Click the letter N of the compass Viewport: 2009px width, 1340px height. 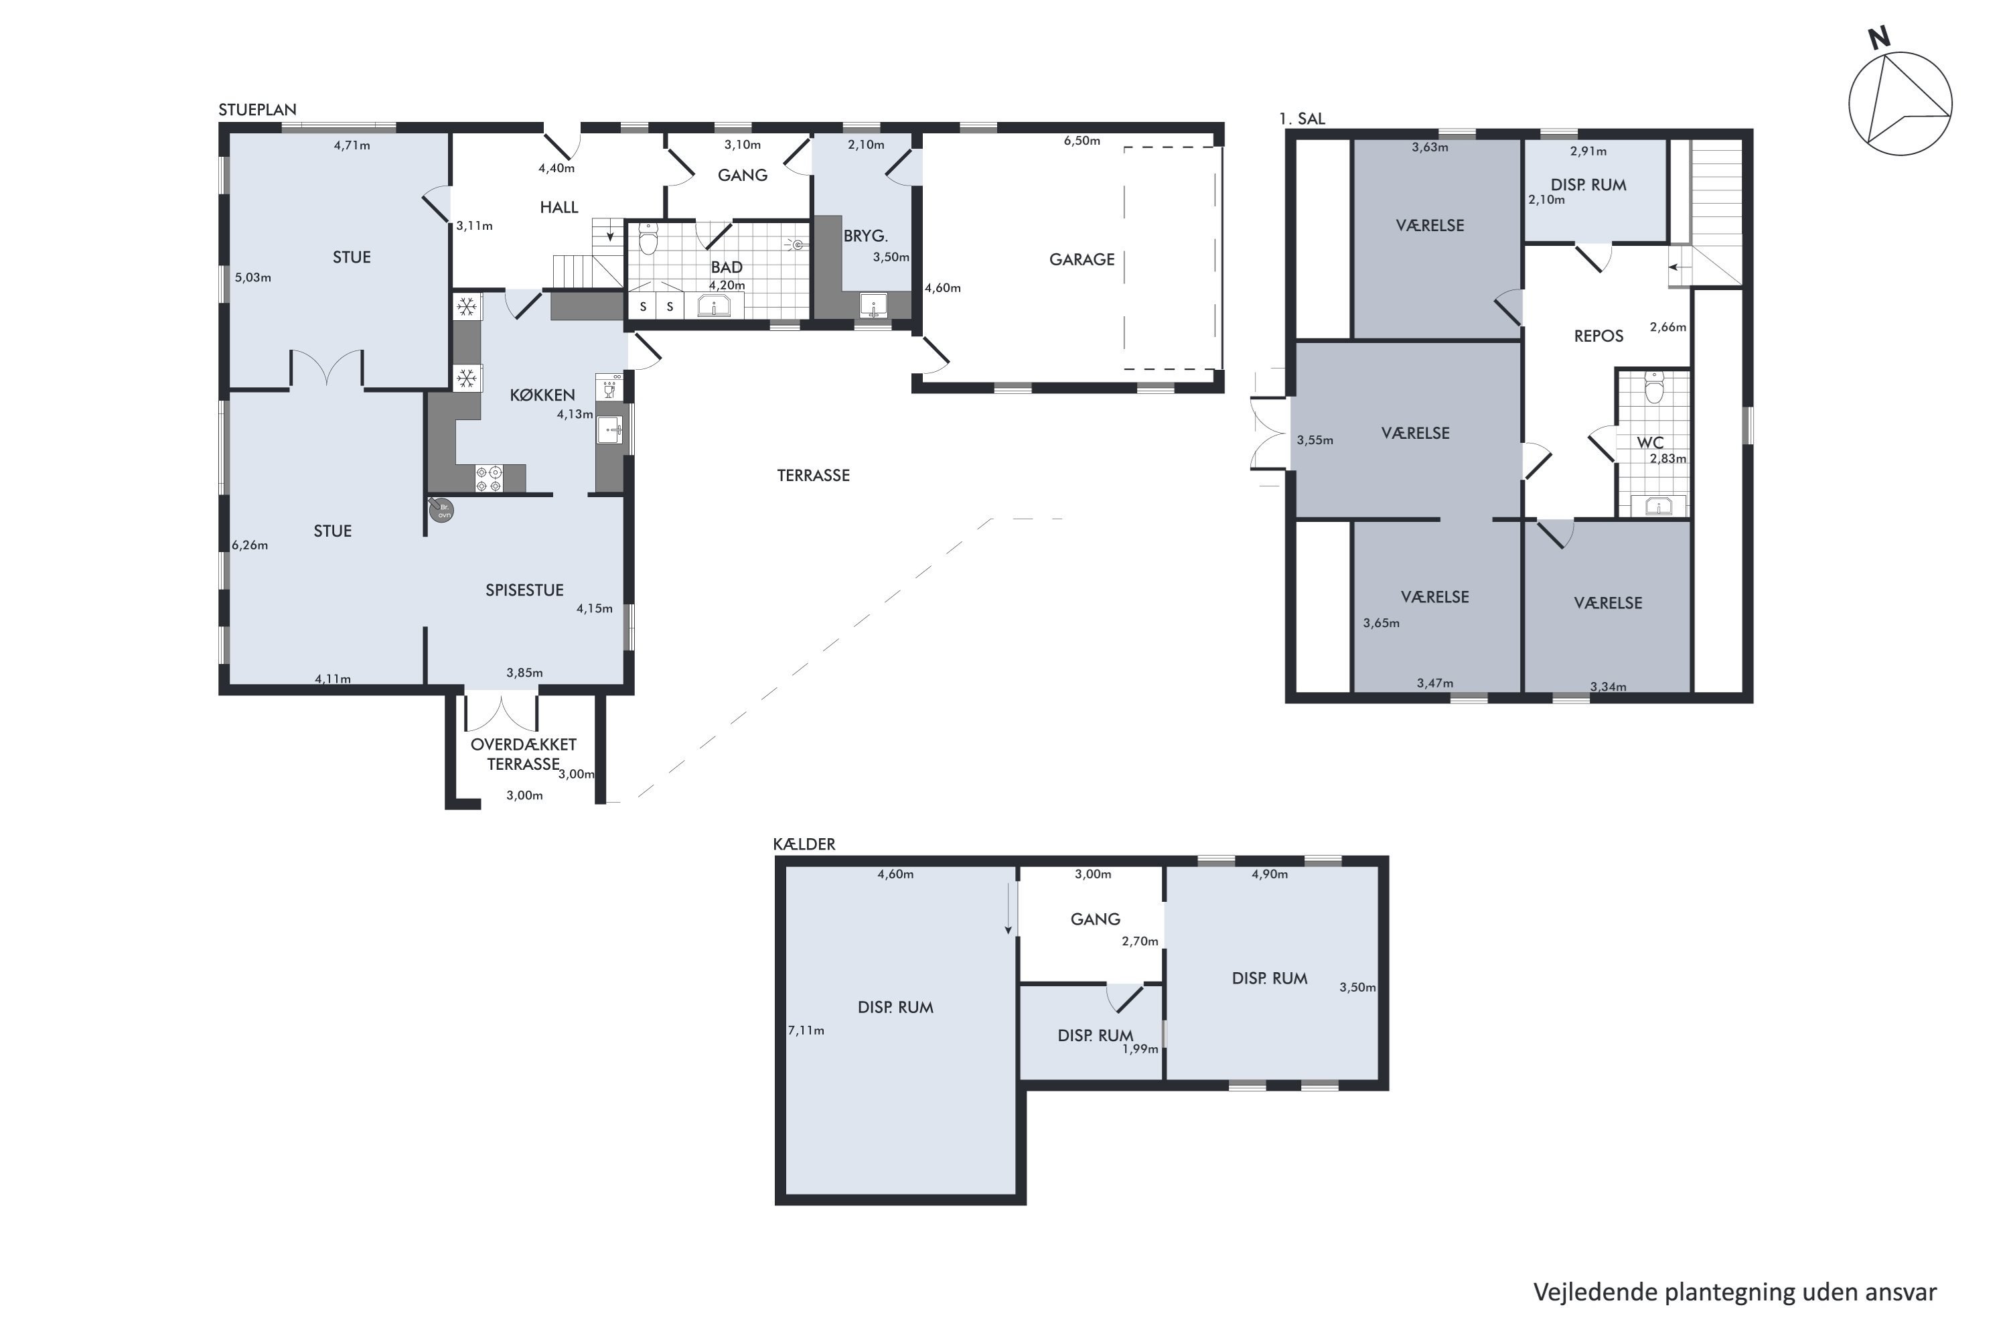(1878, 38)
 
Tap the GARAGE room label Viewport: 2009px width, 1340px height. (1082, 259)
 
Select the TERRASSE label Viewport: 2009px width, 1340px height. (813, 475)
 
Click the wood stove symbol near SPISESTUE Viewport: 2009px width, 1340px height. (441, 509)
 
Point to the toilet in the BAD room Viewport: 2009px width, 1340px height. (649, 239)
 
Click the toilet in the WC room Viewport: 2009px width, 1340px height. (1655, 387)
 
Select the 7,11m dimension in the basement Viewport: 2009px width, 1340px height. (806, 1030)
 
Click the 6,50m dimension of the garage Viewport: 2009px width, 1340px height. (1082, 141)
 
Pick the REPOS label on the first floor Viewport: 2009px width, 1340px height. (1598, 336)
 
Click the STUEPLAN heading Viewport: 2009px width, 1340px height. (257, 109)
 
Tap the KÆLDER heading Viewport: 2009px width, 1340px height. (804, 844)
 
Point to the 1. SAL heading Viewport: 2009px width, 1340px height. (1302, 119)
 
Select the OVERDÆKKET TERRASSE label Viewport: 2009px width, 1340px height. (524, 754)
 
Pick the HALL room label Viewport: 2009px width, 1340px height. (559, 207)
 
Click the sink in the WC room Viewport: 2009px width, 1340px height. (1658, 506)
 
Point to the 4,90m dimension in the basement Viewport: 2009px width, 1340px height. (1269, 874)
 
